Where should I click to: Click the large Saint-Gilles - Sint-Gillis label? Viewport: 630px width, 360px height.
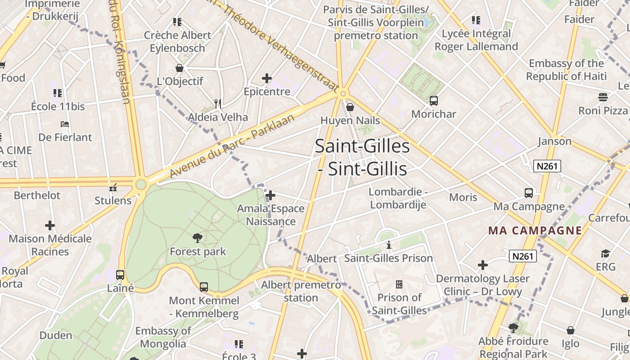pyautogui.click(x=362, y=157)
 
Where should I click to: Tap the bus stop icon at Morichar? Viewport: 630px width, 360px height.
pyautogui.click(x=434, y=101)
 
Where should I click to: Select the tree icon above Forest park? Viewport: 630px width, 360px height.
pyautogui.click(x=197, y=238)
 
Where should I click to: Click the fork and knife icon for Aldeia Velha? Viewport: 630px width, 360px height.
pyautogui.click(x=218, y=104)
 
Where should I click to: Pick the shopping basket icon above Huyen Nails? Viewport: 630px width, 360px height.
pyautogui.click(x=350, y=107)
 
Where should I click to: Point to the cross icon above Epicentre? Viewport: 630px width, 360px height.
pyautogui.click(x=267, y=78)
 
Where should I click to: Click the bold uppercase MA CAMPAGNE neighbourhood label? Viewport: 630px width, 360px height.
pyautogui.click(x=535, y=231)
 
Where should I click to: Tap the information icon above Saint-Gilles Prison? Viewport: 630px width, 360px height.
pyautogui.click(x=389, y=245)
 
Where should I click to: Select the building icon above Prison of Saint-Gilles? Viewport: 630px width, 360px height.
pyautogui.click(x=399, y=284)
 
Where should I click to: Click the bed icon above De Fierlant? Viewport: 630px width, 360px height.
pyautogui.click(x=65, y=124)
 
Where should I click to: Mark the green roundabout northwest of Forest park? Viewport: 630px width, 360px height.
pyautogui.click(x=141, y=184)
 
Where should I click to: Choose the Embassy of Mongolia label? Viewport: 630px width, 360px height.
pyautogui.click(x=163, y=337)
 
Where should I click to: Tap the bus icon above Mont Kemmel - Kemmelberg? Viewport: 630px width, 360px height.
pyautogui.click(x=204, y=287)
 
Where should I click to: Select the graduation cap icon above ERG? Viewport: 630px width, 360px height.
pyautogui.click(x=605, y=253)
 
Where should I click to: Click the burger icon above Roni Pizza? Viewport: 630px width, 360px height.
pyautogui.click(x=603, y=97)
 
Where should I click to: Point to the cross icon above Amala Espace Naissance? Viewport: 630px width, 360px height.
pyautogui.click(x=270, y=195)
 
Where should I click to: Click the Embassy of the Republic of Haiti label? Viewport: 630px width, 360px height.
pyautogui.click(x=566, y=70)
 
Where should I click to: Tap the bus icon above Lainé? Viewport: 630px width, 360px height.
pyautogui.click(x=120, y=274)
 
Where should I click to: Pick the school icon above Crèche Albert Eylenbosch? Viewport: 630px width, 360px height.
pyautogui.click(x=177, y=22)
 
